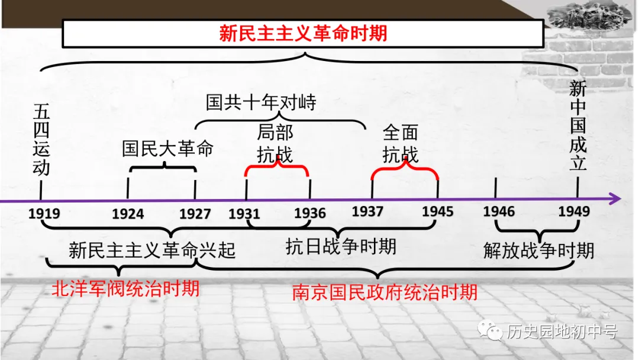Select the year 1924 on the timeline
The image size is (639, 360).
(128, 213)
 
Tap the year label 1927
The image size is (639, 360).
(195, 213)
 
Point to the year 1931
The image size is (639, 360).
(244, 213)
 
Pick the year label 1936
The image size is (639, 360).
(310, 213)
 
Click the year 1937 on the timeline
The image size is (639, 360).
(367, 211)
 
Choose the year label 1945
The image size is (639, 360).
(438, 211)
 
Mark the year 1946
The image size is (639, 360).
(499, 211)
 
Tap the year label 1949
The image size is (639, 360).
(573, 211)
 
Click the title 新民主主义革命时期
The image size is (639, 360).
(303, 33)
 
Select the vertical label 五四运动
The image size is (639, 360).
(41, 139)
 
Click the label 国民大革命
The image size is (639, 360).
(167, 148)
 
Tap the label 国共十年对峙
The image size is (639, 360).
(261, 102)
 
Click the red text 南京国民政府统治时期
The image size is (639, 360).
(385, 292)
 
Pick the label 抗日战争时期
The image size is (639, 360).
(341, 246)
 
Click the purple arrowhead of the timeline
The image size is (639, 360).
(615, 199)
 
